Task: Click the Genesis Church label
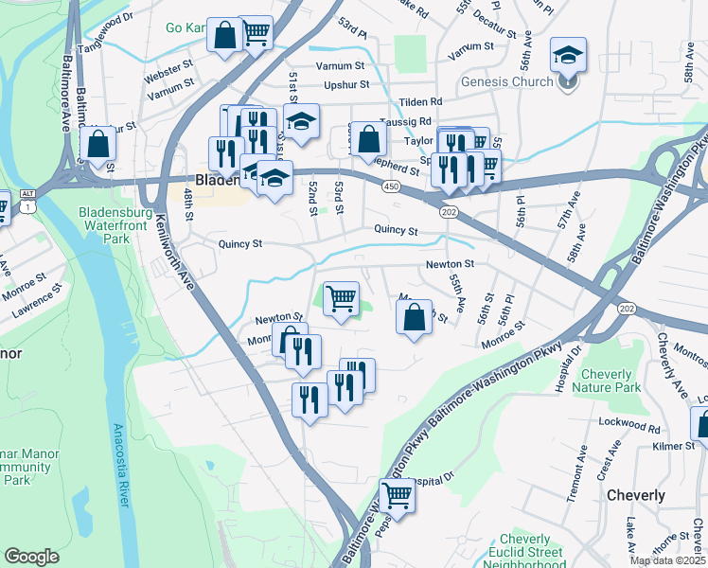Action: pos(506,81)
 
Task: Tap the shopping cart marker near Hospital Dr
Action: pos(398,494)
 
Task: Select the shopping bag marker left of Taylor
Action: pos(369,139)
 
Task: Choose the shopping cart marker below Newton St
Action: pos(341,298)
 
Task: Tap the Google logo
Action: pos(31,557)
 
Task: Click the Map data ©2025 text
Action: pos(666,560)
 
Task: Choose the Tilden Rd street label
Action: pos(421,101)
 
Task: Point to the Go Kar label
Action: pos(186,27)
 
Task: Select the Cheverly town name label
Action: pos(635,495)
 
